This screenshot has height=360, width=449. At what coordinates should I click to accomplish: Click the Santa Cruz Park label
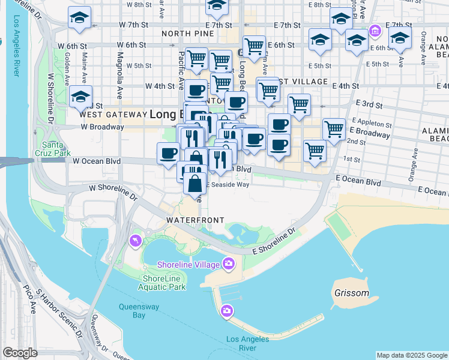54,149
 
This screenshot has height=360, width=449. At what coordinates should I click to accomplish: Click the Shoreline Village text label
187,265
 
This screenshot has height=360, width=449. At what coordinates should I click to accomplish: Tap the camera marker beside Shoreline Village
228,263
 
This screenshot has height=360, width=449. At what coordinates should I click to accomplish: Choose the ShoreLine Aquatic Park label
164,282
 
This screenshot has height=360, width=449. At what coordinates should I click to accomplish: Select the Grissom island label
349,294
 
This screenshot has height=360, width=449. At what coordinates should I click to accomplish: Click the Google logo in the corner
20,353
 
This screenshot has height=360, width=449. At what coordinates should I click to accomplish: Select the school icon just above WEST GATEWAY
80,96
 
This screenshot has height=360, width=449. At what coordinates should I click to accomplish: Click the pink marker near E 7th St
375,29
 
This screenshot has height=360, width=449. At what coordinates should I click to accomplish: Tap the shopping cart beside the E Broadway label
334,128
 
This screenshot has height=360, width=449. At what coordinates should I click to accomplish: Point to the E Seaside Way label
228,185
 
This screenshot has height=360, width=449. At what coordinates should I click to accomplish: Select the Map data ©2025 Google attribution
412,355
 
